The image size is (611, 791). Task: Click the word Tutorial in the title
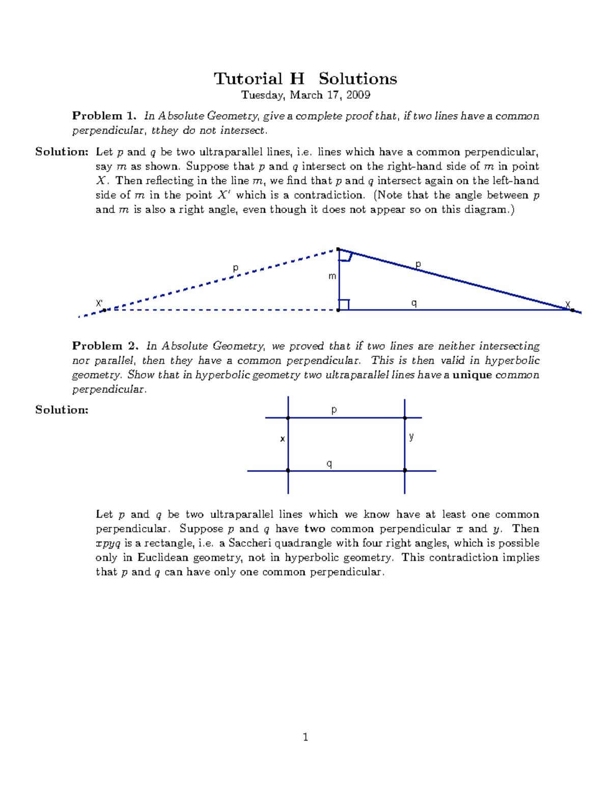[x=247, y=79]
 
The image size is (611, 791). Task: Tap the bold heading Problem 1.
[x=104, y=116]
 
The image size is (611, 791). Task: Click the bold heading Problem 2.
[x=105, y=346]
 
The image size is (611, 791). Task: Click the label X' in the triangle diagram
[x=99, y=303]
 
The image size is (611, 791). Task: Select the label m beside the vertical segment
[x=332, y=276]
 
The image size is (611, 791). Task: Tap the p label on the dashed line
[x=235, y=267]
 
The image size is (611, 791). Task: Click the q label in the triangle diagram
[x=414, y=303]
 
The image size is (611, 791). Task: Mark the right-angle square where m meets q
[x=344, y=305]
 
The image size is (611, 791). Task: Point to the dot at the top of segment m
[x=339, y=249]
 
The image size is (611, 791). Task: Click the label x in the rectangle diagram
[x=282, y=439]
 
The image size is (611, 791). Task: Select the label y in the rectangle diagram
[x=411, y=437]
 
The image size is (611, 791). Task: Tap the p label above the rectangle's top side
[x=334, y=410]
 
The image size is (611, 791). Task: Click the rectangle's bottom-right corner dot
[x=405, y=471]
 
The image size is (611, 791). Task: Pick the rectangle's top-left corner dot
[x=288, y=418]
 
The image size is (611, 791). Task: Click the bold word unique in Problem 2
[x=472, y=375]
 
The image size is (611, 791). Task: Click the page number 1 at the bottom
[x=305, y=737]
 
